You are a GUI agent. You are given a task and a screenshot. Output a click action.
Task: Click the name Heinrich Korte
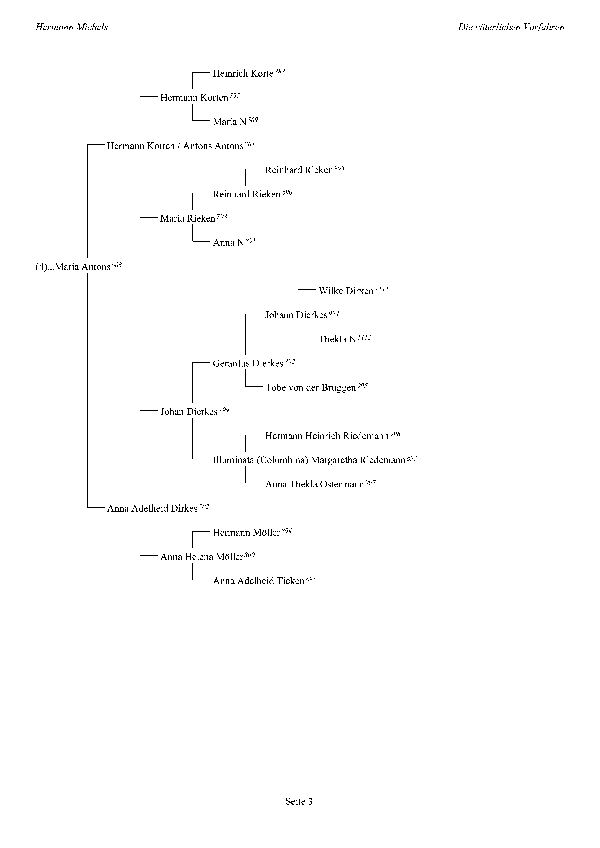coord(243,73)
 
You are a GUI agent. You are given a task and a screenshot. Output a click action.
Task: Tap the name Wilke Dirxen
coord(346,291)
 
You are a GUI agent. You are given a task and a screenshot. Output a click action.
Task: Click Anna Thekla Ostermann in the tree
coord(315,484)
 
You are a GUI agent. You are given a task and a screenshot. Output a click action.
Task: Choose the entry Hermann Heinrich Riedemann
coord(327,436)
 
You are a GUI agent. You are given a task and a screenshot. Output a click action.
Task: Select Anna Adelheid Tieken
coord(258,581)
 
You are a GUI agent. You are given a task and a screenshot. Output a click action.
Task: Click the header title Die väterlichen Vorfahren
coord(511,27)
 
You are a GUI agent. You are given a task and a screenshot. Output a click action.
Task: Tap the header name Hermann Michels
coord(72,27)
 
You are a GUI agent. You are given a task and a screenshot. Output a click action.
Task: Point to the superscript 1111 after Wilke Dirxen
coord(381,289)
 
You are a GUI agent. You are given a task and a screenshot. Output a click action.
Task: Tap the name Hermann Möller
coord(246,533)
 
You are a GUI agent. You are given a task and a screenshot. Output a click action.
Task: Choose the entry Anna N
coord(228,243)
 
